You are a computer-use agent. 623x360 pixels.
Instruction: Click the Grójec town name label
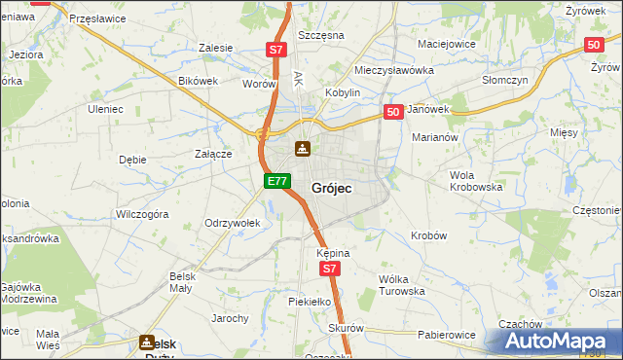331,187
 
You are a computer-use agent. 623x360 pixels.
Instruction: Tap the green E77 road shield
276,181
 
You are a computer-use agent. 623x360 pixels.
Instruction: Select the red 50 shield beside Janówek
393,113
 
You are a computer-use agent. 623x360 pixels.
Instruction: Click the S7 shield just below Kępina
330,269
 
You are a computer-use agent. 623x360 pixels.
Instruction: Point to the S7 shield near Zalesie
276,50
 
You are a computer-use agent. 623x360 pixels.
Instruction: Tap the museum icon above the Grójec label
303,149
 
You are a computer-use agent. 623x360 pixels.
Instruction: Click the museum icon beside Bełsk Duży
147,342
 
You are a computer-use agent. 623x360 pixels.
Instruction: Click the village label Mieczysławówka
393,70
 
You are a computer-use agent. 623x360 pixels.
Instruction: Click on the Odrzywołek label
232,223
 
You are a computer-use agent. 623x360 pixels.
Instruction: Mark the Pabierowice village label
446,335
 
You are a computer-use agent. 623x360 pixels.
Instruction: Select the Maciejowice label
446,44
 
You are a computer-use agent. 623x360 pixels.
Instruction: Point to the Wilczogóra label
142,212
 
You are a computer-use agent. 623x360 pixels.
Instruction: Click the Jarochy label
231,318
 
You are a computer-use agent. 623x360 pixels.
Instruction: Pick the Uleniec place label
106,109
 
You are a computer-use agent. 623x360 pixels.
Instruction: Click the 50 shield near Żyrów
594,45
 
